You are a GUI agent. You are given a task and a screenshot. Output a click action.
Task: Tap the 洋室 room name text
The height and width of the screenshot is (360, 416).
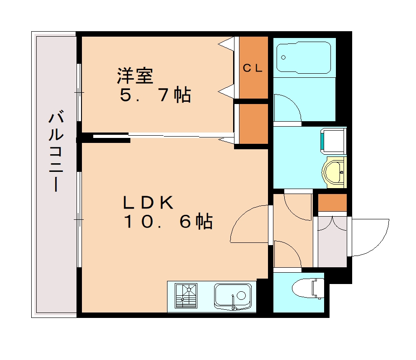click(134, 76)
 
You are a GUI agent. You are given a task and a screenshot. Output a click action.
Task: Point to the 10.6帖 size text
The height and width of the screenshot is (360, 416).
click(167, 222)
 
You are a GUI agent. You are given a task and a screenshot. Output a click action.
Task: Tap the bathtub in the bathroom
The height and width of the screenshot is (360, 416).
click(304, 57)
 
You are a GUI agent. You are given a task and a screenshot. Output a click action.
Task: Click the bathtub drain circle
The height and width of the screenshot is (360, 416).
click(284, 57)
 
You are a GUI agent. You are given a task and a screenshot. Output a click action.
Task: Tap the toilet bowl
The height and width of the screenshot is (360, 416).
click(308, 288)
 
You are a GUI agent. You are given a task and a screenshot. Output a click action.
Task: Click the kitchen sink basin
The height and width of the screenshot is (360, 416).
click(233, 295)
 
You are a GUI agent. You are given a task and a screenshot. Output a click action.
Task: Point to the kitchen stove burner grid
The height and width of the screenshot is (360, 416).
click(186, 296)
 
